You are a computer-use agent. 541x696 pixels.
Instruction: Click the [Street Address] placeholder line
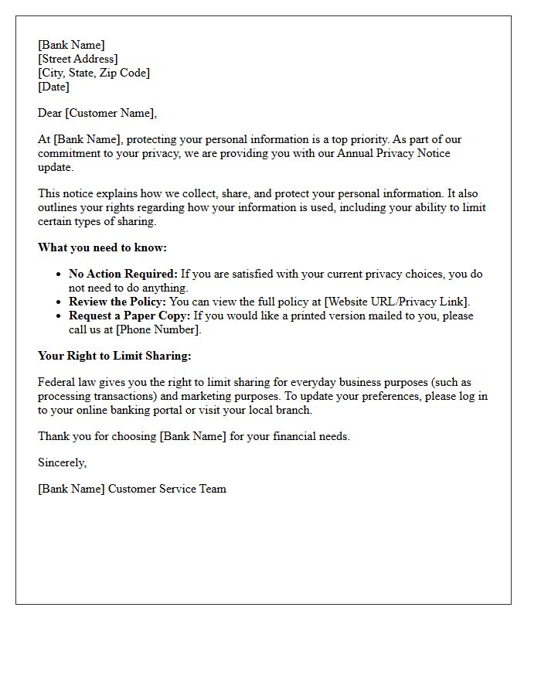click(x=78, y=59)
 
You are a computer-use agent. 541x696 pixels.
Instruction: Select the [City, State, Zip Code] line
click(x=94, y=73)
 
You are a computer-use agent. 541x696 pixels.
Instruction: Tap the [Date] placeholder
click(x=53, y=87)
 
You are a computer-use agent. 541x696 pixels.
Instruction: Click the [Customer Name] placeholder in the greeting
click(x=110, y=113)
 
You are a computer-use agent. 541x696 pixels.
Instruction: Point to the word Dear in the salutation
click(x=49, y=113)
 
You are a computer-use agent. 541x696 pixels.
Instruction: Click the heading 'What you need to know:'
click(x=102, y=247)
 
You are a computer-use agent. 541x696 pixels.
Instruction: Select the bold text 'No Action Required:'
click(x=124, y=274)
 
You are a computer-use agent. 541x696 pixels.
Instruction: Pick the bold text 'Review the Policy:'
click(x=117, y=302)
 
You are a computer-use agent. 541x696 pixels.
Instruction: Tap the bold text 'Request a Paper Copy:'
click(x=129, y=316)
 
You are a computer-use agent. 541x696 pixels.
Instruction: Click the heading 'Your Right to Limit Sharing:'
click(x=114, y=356)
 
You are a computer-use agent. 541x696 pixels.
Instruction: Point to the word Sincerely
click(x=62, y=462)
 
